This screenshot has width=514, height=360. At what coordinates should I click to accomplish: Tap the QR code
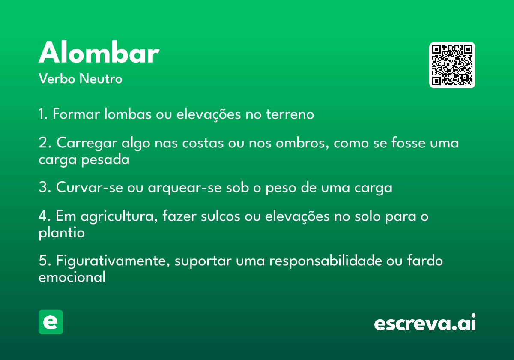(452, 65)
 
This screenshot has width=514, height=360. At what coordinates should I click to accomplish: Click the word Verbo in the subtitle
(57, 79)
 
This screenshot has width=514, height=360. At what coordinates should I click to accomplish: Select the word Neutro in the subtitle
(101, 79)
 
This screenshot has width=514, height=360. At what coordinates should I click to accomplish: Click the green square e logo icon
(51, 322)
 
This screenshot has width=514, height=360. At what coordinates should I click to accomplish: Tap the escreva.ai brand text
(425, 322)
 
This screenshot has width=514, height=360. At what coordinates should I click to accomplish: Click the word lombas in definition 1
(128, 114)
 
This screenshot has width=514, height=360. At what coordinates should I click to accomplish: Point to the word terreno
(290, 114)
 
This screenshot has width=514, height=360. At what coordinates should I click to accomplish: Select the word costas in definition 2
(203, 143)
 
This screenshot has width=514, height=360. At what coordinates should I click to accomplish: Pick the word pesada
(105, 159)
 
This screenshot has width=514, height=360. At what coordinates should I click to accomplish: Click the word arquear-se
(185, 188)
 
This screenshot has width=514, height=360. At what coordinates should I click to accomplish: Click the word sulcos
(220, 216)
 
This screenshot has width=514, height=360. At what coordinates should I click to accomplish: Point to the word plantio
(62, 233)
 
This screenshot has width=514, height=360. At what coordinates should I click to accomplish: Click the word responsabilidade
(326, 261)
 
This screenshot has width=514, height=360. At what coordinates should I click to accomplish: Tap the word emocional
(72, 277)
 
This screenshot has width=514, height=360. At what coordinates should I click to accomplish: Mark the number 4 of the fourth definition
(43, 216)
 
